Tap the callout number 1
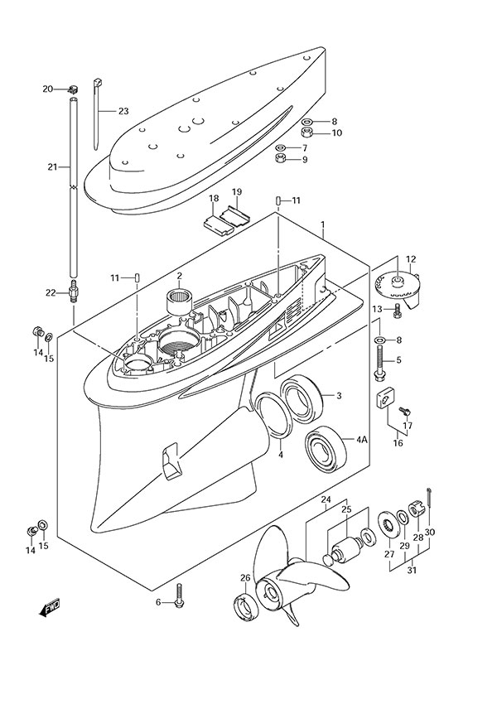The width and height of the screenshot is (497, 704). pos(322,224)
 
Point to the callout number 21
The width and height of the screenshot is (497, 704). pos(52,166)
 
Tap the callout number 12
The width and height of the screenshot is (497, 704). pos(411,259)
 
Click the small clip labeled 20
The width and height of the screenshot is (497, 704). pos(72,88)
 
